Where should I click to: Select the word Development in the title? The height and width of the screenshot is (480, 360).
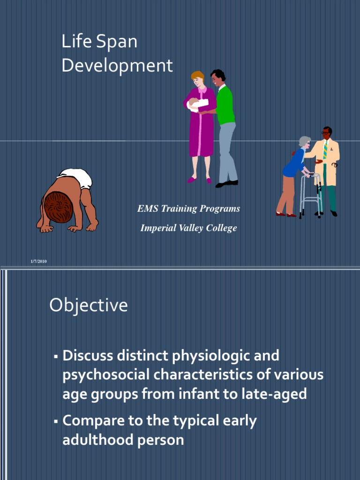[x=117, y=66]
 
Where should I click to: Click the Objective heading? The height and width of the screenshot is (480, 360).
[x=89, y=305]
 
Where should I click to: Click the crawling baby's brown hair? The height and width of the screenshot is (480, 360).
[x=58, y=207]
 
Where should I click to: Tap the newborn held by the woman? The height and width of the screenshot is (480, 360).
[x=197, y=104]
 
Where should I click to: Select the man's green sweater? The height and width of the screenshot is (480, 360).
[x=225, y=105]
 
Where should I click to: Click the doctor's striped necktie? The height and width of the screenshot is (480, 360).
[x=325, y=150]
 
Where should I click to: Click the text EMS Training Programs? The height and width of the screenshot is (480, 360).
[x=188, y=209]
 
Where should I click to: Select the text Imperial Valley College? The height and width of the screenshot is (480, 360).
[x=188, y=228]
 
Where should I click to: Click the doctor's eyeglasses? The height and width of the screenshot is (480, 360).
[x=326, y=133]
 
